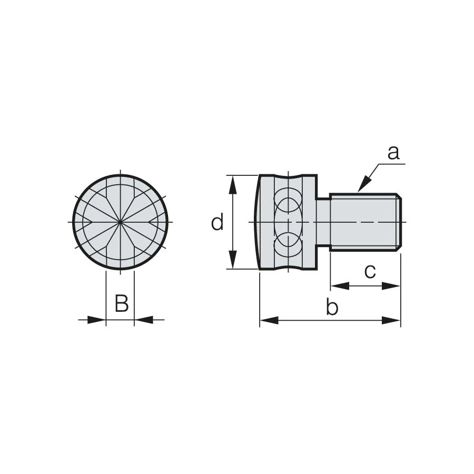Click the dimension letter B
pos(122,303)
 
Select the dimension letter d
pos(217,222)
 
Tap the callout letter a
pos(393,153)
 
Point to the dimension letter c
pos(370,271)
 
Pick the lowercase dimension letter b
pos(332,307)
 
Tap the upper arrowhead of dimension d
pos(232,185)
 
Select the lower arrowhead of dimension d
pos(232,259)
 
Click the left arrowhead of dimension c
pos(340,286)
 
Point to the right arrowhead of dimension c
pos(391,286)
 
